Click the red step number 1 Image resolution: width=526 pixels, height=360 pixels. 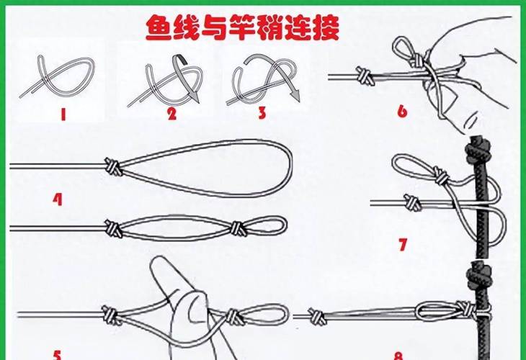point(63,115)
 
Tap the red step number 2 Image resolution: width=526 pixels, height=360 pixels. point(171,114)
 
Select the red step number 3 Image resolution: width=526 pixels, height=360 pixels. point(262,113)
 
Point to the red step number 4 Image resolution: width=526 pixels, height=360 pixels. point(58,199)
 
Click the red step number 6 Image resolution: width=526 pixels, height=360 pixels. point(402,111)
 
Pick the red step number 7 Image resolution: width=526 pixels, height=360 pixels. point(403,244)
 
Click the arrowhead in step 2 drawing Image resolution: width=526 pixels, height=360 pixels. point(195,97)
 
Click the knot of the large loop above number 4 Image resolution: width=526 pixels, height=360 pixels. point(112,166)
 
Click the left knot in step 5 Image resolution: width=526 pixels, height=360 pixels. point(111,315)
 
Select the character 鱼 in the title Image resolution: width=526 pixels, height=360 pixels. point(161,27)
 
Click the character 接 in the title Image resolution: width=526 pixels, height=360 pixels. point(325,27)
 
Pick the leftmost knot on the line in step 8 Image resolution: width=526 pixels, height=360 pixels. point(317,317)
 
